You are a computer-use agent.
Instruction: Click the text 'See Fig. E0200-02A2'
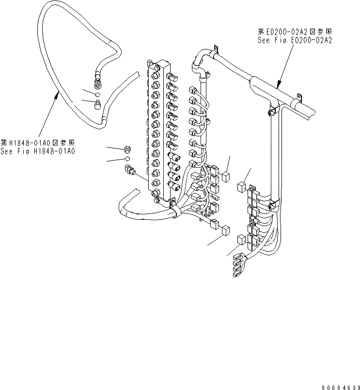(295, 41)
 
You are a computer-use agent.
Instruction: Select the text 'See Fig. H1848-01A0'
(38, 151)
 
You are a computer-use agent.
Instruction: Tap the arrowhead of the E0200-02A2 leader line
(279, 85)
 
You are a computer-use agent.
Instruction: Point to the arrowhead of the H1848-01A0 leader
(57, 95)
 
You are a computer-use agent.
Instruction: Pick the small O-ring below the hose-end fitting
(97, 94)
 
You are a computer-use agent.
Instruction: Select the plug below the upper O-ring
(98, 103)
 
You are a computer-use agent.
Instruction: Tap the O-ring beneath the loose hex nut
(127, 159)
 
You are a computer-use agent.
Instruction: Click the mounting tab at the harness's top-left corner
(217, 49)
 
